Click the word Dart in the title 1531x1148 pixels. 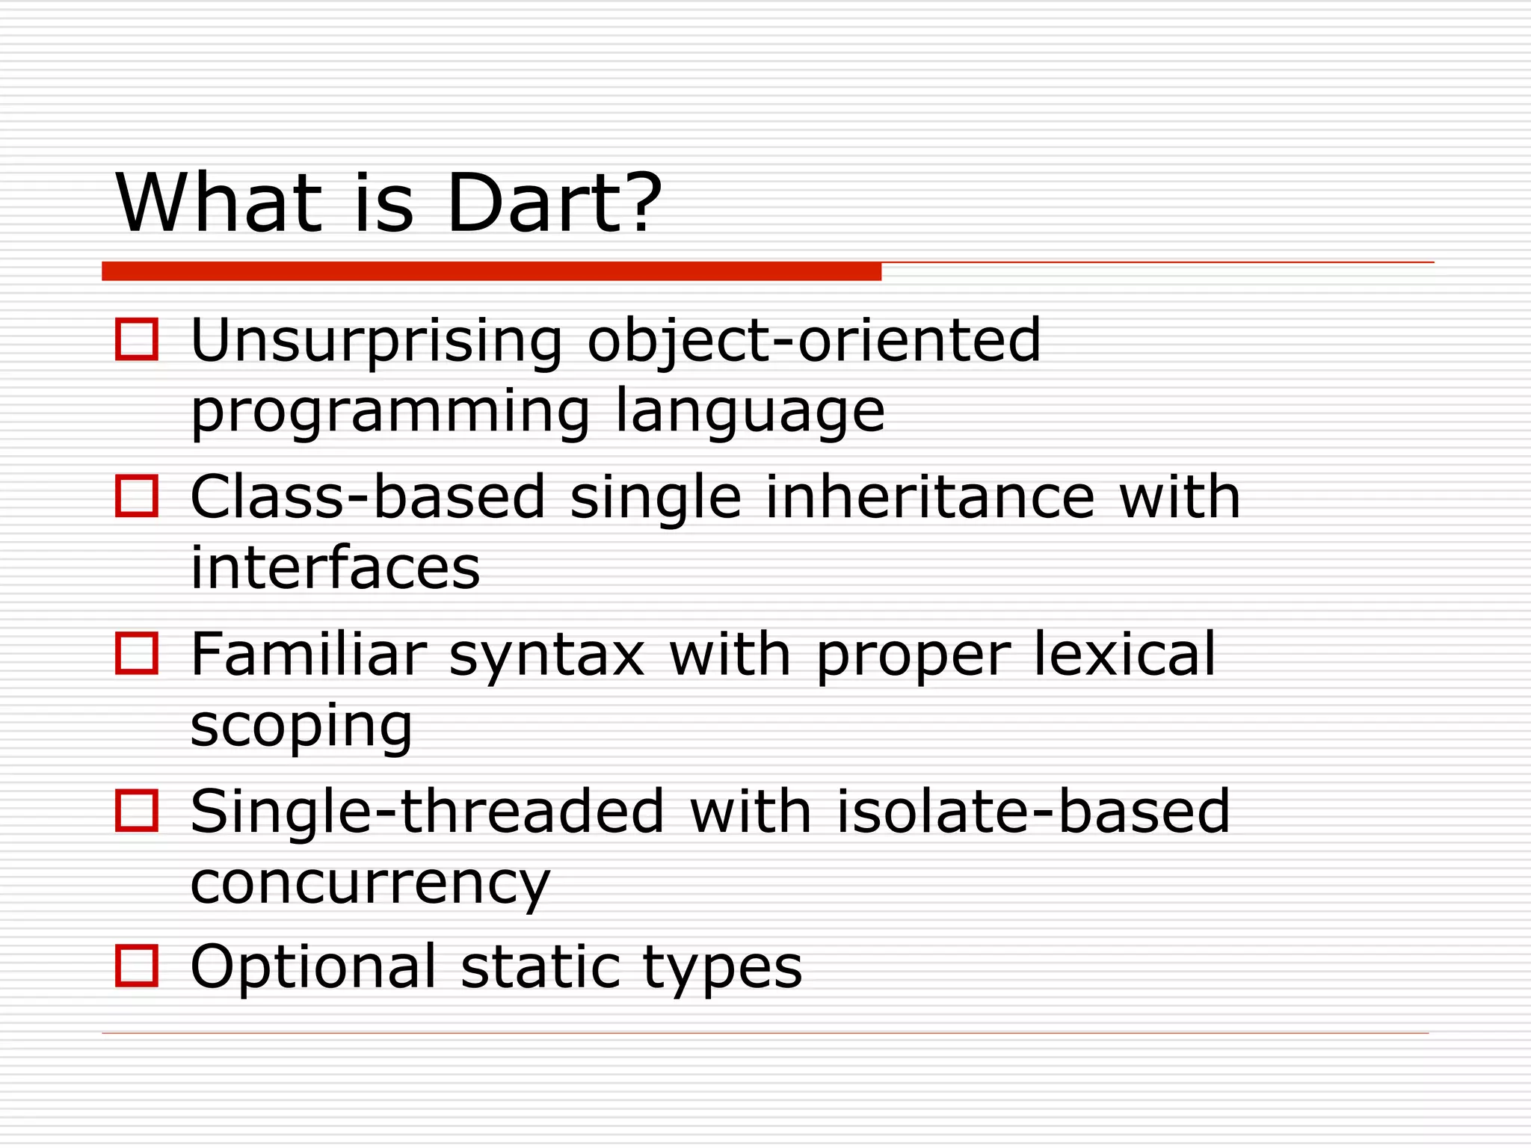pos(532,203)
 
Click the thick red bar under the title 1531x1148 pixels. pos(491,271)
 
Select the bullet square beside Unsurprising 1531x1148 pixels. pos(137,340)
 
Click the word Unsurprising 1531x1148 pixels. pos(376,342)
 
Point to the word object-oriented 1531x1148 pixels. pos(813,342)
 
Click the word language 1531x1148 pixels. pos(750,413)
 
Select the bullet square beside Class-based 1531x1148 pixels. pos(137,496)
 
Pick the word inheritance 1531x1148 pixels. pos(930,498)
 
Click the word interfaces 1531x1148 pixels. pos(335,568)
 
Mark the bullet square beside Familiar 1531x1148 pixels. pos(137,653)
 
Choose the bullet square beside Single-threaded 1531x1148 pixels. pos(137,810)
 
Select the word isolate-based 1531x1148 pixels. pos(1032,812)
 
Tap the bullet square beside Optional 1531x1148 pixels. pos(137,966)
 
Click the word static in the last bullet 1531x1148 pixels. pos(540,967)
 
